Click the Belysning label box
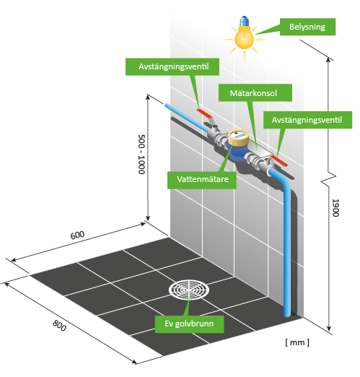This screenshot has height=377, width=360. click(307, 27)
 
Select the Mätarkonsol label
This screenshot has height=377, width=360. click(255, 92)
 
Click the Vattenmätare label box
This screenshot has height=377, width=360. click(202, 180)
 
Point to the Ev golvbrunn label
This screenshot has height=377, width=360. click(189, 324)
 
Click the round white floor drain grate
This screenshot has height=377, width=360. click(189, 290)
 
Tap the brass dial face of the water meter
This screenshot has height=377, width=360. click(238, 136)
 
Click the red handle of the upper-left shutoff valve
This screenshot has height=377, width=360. click(205, 113)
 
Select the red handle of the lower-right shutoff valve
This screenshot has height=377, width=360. click(279, 160)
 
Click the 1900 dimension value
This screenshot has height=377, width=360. click(335, 208)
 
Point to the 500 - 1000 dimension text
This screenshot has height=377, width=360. click(141, 154)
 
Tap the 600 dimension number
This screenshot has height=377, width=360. click(77, 235)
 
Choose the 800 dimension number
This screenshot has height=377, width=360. click(59, 326)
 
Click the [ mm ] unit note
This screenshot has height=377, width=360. click(297, 342)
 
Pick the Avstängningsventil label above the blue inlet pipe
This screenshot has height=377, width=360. click(172, 66)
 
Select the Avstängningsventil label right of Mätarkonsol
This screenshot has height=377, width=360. click(307, 120)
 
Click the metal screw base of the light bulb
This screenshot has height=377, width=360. click(245, 21)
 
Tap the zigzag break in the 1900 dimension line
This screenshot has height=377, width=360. click(329, 178)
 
